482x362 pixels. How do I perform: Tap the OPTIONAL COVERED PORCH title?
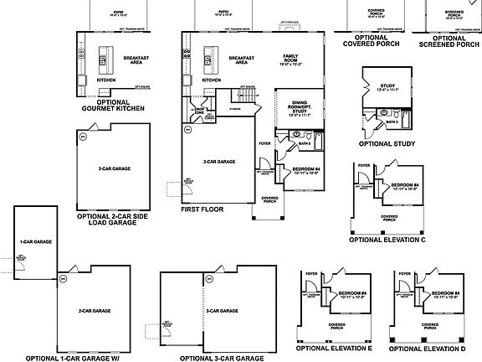(371, 41)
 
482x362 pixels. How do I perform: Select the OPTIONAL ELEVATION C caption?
(387, 239)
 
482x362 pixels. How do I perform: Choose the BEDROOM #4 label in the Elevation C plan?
(404, 185)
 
